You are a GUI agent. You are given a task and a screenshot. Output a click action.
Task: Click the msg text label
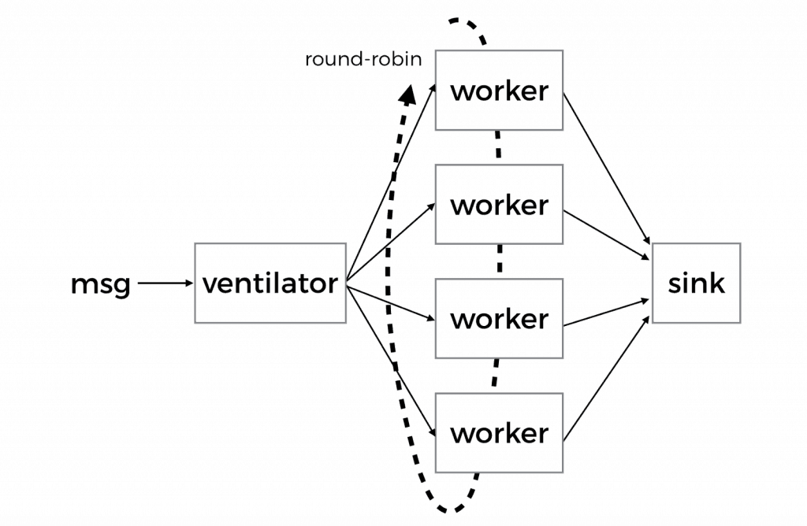coord(100,284)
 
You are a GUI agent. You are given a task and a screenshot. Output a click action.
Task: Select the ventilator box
coord(270,283)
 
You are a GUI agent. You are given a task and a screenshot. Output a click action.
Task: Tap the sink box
coord(696,283)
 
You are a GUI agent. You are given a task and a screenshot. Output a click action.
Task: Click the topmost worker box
coord(499,91)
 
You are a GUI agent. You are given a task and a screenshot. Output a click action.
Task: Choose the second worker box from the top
coord(499,205)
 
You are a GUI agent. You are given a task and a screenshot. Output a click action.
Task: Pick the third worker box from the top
coord(499,319)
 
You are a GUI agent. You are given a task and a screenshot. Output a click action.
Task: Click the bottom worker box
coord(499,433)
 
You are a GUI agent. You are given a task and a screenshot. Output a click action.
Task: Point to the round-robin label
coord(363,60)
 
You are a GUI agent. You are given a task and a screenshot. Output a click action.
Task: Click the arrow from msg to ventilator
coord(165,284)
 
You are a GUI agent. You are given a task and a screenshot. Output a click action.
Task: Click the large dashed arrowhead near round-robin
coord(407,95)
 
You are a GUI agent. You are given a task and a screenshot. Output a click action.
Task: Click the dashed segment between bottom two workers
coord(496,375)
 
